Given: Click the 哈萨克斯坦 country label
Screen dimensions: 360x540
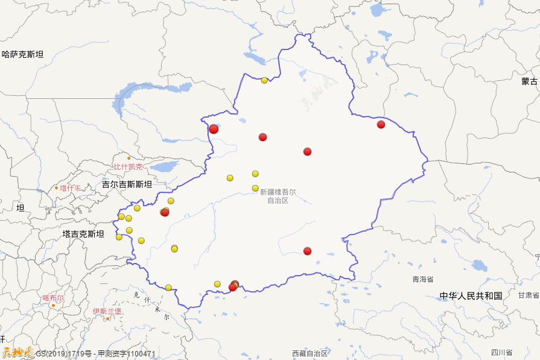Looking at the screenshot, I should [23, 54].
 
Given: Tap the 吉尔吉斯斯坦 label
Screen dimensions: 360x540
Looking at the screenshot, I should [127, 184].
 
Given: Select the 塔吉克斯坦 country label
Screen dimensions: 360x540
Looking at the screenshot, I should [83, 234].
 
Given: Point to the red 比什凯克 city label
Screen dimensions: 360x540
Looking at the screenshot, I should [129, 166].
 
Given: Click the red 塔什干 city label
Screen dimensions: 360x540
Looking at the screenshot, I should [70, 188].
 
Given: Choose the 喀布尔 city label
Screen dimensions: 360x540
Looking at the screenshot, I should [53, 298].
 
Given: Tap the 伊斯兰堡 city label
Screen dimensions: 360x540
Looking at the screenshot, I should [107, 311].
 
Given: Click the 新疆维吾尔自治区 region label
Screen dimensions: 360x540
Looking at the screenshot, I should [278, 195].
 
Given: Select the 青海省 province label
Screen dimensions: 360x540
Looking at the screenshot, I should [423, 279].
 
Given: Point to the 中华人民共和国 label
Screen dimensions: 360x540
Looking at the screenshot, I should [471, 296].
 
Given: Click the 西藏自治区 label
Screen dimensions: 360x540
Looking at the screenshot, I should [310, 353].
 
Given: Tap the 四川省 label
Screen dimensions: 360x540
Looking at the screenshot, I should [501, 353].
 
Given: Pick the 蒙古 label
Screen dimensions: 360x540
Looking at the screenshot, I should [529, 81].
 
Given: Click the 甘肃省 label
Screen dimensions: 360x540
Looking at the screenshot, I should [529, 295].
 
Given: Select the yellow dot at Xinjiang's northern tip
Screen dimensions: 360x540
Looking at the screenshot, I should [264, 80].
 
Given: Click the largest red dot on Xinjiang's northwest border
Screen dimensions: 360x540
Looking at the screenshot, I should [214, 129].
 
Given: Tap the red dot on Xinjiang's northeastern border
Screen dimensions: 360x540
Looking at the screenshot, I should [381, 124].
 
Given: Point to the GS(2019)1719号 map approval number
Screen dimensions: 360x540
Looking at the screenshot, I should [63, 354].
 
